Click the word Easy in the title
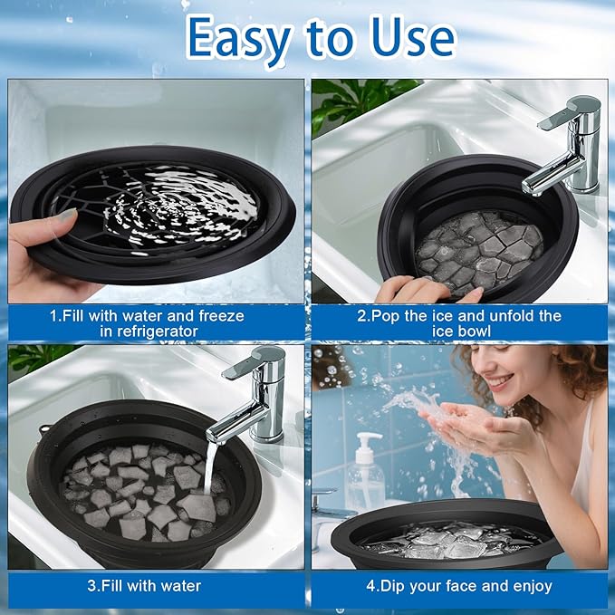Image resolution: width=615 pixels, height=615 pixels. tap(239, 38)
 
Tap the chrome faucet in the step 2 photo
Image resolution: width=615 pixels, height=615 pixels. tap(556, 149)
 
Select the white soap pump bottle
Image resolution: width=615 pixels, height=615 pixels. tap(368, 474)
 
